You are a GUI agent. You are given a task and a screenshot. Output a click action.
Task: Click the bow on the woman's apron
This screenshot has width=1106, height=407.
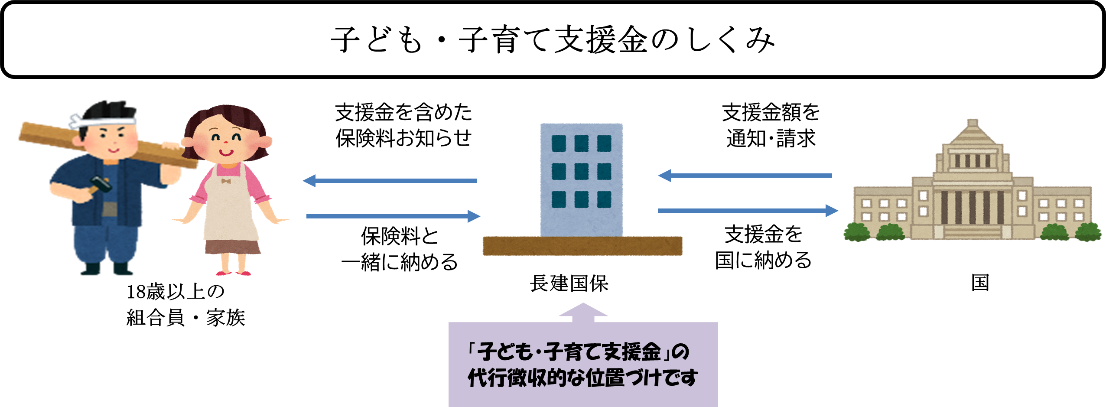click(226, 181)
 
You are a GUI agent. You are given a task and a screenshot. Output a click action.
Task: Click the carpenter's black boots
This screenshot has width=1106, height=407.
click(107, 270)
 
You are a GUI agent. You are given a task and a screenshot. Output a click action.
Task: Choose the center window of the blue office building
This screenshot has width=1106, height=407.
click(581, 172)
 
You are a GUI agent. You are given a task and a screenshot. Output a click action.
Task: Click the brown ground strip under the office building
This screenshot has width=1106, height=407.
click(582, 246)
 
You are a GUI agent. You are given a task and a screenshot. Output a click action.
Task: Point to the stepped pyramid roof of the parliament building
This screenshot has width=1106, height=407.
click(973, 134)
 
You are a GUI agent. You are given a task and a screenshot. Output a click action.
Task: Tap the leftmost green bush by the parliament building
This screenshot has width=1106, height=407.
click(856, 232)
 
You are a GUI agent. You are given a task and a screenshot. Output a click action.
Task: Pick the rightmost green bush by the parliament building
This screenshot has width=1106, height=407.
click(1088, 232)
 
